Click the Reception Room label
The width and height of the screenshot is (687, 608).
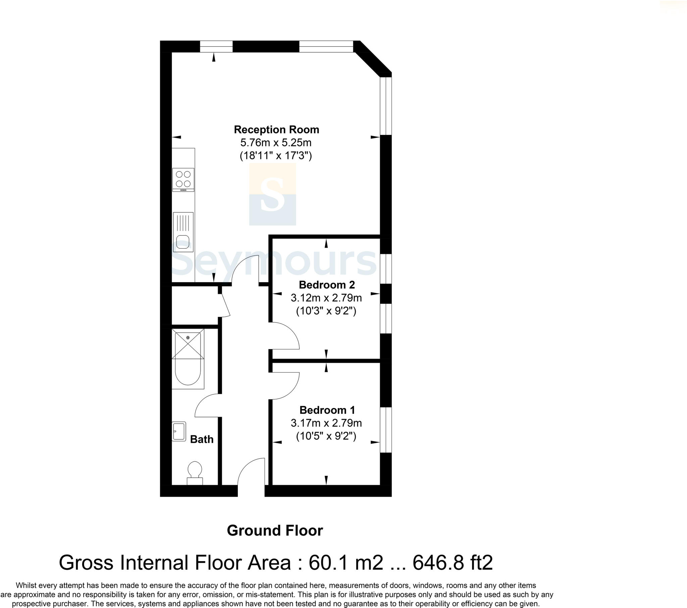point(276,130)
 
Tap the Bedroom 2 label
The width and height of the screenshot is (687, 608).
point(327,285)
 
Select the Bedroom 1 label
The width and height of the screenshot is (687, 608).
point(327,410)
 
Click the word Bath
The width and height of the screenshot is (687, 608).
point(202,439)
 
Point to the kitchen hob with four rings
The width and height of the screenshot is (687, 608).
point(183,179)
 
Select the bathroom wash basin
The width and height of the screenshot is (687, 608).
point(179,432)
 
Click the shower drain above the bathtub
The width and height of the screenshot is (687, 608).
point(188,337)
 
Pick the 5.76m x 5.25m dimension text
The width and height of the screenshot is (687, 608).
point(276,143)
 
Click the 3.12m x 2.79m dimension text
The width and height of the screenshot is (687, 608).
point(326,298)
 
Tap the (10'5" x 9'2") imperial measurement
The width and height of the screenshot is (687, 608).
point(326,436)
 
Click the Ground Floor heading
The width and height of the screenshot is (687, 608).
point(275,530)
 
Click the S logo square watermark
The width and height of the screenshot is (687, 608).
point(272,194)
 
